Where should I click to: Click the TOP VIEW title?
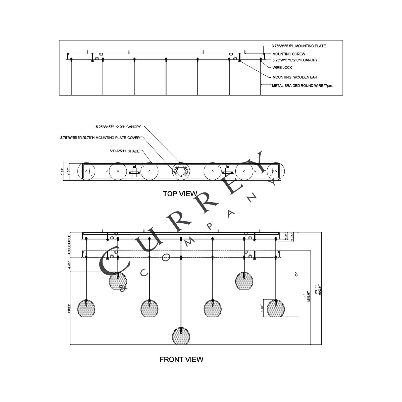[180, 193]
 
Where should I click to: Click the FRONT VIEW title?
[181, 359]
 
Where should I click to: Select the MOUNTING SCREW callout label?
[289, 54]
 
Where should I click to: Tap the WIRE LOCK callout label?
[282, 68]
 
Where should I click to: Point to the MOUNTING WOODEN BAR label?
[295, 77]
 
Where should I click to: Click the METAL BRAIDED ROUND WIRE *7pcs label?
[302, 86]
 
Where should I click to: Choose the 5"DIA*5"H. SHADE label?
[124, 151]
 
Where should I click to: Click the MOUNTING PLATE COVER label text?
[100, 138]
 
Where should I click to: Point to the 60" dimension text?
[296, 275]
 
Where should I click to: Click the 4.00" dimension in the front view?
[69, 265]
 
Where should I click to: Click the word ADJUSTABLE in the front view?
[69, 245]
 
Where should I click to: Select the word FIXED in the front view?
[69, 308]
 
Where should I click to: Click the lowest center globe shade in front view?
[181, 336]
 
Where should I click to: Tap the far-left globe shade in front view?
[86, 308]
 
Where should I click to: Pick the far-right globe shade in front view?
[276, 308]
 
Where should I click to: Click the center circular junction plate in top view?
[181, 171]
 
